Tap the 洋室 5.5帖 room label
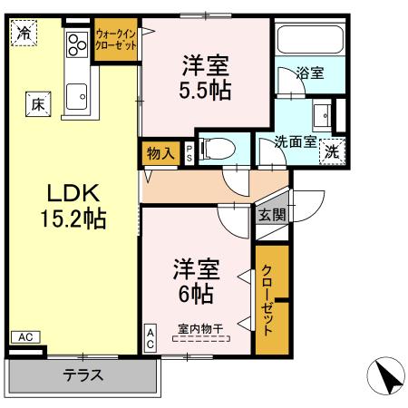204,77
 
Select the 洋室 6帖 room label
195,281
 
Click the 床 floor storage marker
38,104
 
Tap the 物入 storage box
160,152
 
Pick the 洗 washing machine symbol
332,151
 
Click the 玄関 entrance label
270,215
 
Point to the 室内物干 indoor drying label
200,331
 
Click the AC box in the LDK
25,337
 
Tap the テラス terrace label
83,374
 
